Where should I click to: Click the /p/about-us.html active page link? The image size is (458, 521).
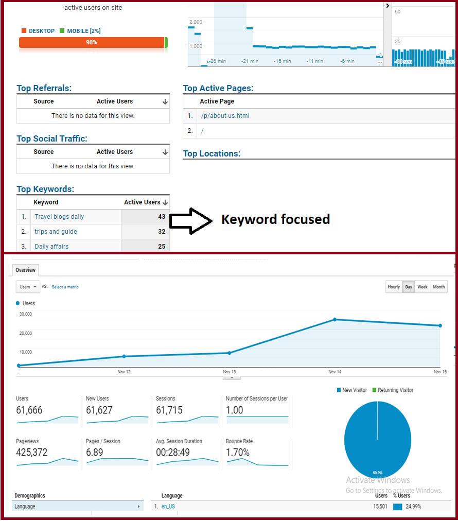pyautogui.click(x=225, y=116)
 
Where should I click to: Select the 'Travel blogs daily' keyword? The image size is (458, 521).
pyautogui.click(x=59, y=217)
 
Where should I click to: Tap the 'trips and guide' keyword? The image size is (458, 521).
pyautogui.click(x=56, y=232)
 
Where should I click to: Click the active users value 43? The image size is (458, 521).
pyautogui.click(x=162, y=217)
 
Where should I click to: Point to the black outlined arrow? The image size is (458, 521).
pyautogui.click(x=190, y=221)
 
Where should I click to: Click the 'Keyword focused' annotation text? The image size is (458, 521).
pyautogui.click(x=275, y=219)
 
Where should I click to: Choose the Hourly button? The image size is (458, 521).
pyautogui.click(x=394, y=287)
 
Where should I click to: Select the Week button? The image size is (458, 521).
pyautogui.click(x=422, y=287)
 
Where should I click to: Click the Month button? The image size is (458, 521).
pyautogui.click(x=439, y=287)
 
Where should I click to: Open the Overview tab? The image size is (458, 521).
pyautogui.click(x=25, y=270)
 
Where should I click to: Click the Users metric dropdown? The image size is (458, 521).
pyautogui.click(x=28, y=287)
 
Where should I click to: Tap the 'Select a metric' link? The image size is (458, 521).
pyautogui.click(x=65, y=287)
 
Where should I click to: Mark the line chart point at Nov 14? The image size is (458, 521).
pyautogui.click(x=335, y=319)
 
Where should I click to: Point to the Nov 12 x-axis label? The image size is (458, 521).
pyautogui.click(x=124, y=372)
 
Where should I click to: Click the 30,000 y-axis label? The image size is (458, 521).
pyautogui.click(x=25, y=314)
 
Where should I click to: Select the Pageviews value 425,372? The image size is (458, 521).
pyautogui.click(x=32, y=453)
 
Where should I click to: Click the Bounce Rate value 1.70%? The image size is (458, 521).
pyautogui.click(x=238, y=453)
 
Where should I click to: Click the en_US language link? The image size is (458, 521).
pyautogui.click(x=168, y=507)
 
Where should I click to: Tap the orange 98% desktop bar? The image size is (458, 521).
pyautogui.click(x=92, y=42)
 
